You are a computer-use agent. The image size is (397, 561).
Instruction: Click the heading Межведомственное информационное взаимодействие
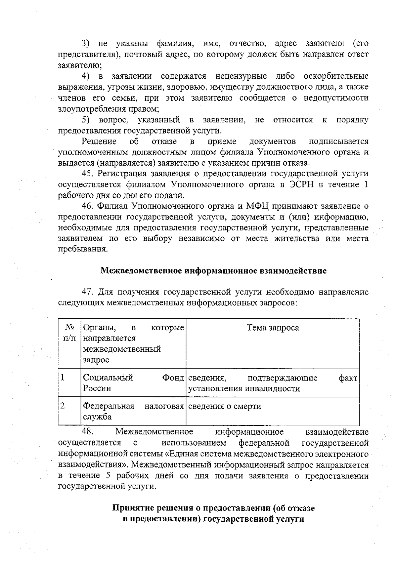coord(213,271)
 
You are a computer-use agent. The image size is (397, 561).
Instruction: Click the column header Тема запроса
coord(273,328)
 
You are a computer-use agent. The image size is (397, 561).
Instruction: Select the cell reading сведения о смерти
coord(225,406)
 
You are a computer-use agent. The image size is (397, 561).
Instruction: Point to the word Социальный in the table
coord(108,378)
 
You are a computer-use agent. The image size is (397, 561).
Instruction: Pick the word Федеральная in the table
coord(109,406)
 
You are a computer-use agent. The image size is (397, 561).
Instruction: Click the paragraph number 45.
coord(88,174)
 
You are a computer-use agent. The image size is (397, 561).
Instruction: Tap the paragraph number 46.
coord(88,206)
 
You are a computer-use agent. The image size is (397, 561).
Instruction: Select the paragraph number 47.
coord(88,292)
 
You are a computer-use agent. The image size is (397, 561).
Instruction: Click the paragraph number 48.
coord(88,432)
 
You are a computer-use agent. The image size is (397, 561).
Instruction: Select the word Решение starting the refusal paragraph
coord(99,141)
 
